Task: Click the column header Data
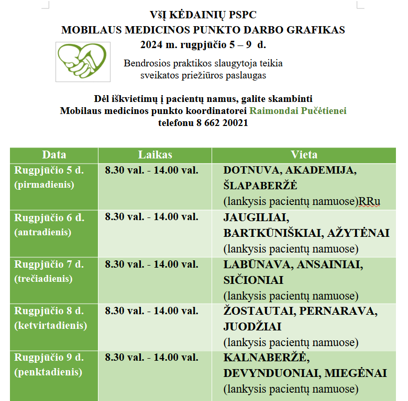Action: point(54,155)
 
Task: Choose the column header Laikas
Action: point(155,155)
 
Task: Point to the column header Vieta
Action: point(304,155)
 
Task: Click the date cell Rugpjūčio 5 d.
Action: point(49,170)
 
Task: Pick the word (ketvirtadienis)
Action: point(50,325)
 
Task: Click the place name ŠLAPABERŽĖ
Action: point(260,186)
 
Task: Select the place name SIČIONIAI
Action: point(253,280)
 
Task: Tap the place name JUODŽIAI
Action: point(252,327)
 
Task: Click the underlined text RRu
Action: point(369,201)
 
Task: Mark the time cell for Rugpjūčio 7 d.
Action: point(152,264)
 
